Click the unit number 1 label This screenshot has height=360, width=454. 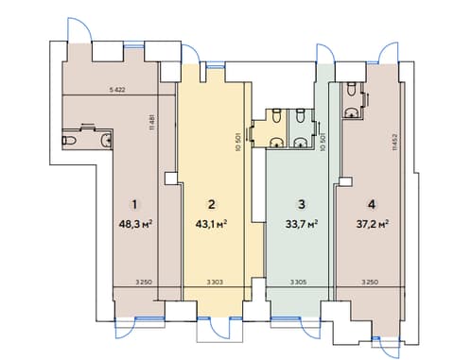pos(134,204)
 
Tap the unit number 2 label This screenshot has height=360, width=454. pos(212,204)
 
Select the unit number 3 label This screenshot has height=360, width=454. pos(302,204)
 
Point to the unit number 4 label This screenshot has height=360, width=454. pos(372,204)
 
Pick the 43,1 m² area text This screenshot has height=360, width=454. pos(212,224)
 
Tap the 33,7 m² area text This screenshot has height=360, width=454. pos(302,224)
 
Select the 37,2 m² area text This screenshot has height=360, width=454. pos(372,224)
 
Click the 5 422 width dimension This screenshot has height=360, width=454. pos(117,90)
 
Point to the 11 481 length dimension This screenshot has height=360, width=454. pos(152,122)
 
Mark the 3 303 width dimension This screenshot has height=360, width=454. pos(215,283)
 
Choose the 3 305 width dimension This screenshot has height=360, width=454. pos(298,283)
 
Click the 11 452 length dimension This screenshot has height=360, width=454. pos(395,143)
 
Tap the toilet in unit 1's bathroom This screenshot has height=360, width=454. pos(69,140)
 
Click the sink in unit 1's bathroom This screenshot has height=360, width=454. pos(107,140)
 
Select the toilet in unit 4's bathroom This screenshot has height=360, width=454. pos(351,89)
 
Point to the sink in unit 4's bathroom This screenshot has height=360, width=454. pos(351,112)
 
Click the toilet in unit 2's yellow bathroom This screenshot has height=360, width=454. pos(276,115)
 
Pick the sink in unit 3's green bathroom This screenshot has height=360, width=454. pos(300,143)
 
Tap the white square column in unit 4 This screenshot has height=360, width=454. pos(345,181)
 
